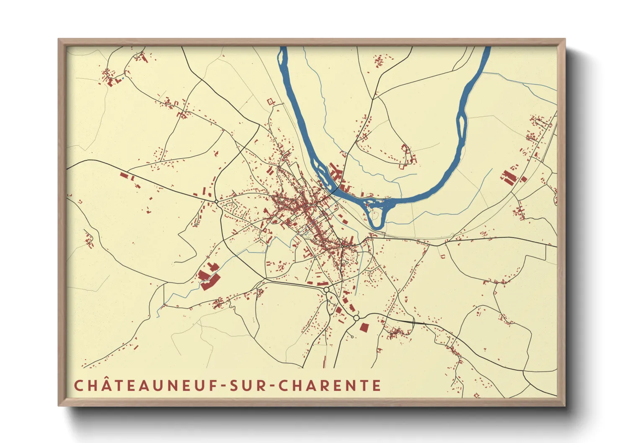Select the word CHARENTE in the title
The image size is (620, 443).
[330, 386]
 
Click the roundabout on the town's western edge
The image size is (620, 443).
[216, 201]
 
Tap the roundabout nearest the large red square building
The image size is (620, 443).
[356, 318]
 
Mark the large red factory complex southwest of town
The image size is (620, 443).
[208, 277]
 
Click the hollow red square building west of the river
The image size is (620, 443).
[270, 101]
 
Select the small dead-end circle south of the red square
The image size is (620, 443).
[352, 337]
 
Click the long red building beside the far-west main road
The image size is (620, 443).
[124, 175]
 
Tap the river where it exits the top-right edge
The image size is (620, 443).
[487, 49]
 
